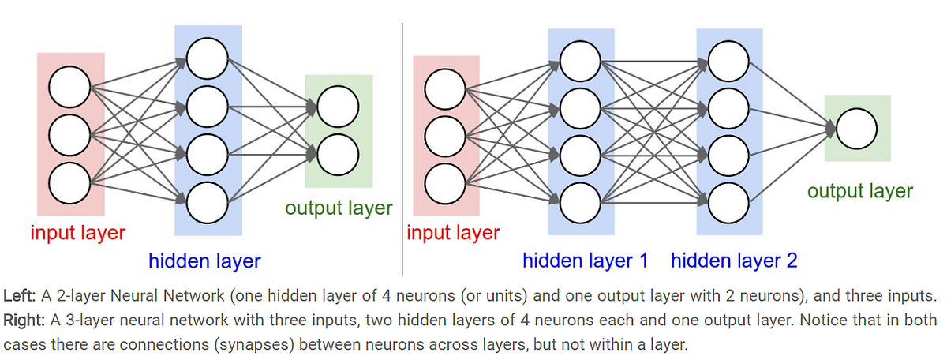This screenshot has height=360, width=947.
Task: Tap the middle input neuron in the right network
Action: click(445, 136)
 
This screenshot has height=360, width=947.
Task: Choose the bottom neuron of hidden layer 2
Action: click(728, 203)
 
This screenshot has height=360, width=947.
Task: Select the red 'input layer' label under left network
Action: click(77, 233)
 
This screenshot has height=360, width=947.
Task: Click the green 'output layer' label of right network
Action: click(859, 191)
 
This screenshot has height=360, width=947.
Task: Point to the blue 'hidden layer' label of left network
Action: click(204, 261)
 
